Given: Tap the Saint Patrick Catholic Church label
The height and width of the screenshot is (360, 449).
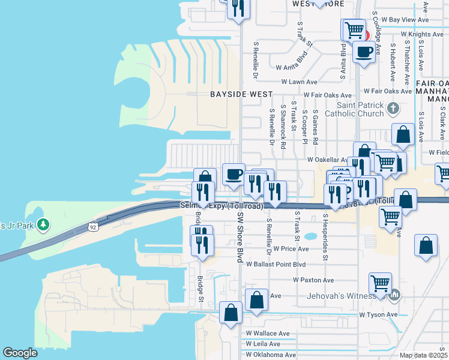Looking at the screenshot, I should tap(354, 109).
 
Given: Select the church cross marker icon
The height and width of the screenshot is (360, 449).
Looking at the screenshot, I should tap(393, 109).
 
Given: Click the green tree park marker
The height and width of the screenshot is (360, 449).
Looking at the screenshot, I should tap(43, 225).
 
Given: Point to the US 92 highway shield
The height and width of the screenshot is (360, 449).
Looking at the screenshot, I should tap(93, 227).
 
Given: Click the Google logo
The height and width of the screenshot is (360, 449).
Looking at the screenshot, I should tap(20, 353).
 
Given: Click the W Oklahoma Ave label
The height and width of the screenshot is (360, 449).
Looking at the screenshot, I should tap(270, 355).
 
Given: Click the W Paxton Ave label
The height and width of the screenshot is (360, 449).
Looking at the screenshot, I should tap(313, 280).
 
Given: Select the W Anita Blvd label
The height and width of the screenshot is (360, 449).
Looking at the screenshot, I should tap(292, 67).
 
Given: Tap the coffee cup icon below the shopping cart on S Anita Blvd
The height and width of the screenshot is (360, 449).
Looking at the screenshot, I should tap(364, 52).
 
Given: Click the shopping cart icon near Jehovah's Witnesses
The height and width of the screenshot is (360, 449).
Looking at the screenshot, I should tap(381, 283).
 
